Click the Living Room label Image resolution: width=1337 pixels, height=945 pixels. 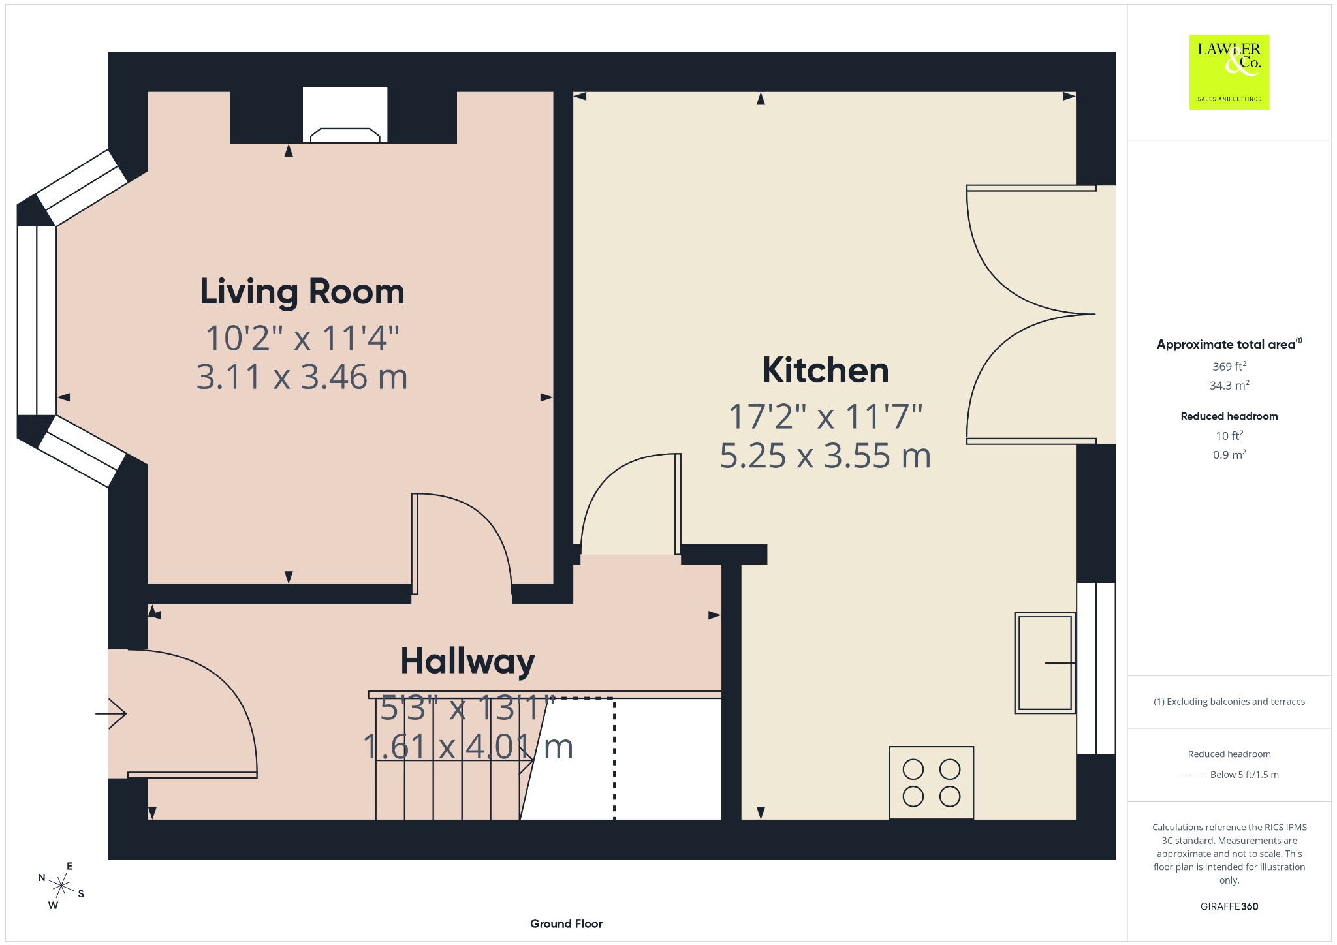click(302, 292)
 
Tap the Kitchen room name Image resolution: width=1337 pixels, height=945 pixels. click(825, 370)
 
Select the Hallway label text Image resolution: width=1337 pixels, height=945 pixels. click(467, 662)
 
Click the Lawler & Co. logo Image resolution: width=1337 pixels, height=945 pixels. click(1229, 72)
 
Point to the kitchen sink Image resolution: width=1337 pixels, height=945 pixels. click(1045, 662)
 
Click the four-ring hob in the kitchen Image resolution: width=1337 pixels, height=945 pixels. click(932, 782)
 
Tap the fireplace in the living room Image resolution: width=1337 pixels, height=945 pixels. click(345, 115)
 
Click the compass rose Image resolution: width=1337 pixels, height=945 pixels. click(61, 886)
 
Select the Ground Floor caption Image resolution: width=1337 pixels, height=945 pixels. click(566, 923)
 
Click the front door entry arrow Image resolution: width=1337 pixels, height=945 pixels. click(111, 713)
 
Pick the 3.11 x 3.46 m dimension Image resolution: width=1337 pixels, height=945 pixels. click(302, 377)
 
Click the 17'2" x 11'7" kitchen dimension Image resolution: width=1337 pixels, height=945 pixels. click(825, 416)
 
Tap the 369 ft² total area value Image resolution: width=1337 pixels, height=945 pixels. click(1229, 366)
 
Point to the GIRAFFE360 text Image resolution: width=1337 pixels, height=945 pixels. click(1229, 906)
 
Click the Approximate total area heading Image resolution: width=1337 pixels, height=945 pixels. click(1229, 344)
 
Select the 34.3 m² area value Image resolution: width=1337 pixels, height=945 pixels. click(1229, 385)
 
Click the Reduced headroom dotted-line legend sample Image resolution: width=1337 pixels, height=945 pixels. click(1191, 775)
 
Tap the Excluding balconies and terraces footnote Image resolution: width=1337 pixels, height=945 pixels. click(1229, 702)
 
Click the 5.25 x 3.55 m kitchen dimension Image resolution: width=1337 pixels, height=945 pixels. click(825, 456)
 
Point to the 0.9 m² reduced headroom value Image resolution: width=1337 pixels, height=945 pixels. click(1229, 455)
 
